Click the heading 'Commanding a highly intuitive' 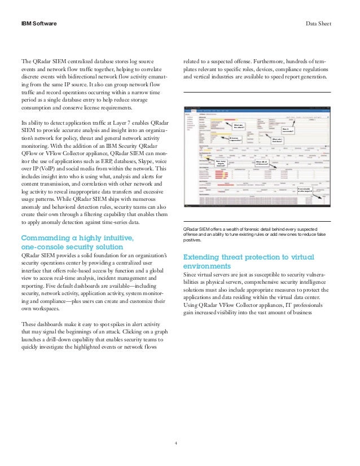point(77,238)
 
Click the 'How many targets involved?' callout point(221,164)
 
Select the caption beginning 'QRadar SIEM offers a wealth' point(257,229)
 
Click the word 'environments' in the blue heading point(207,266)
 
